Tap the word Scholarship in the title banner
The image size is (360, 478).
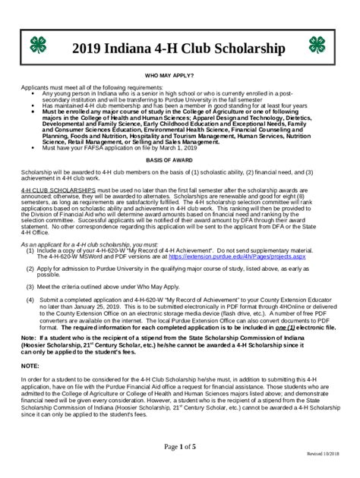(245, 49)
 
